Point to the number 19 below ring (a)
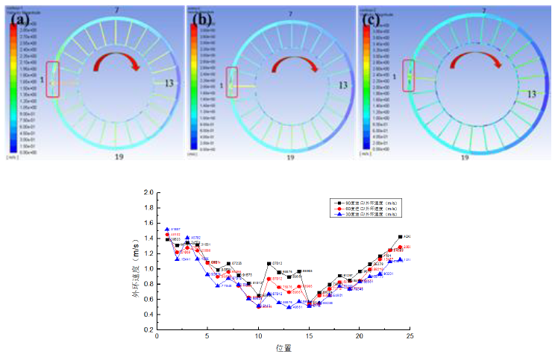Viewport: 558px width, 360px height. click(119, 157)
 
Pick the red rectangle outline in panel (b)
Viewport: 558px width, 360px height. click(231, 82)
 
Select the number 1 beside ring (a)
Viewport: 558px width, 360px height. click(43, 80)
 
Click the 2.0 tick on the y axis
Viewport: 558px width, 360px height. click(148, 193)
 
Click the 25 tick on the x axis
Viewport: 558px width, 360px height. click(410, 337)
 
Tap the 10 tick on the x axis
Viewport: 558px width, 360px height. click(258, 337)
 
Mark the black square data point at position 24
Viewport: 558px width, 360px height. click(400, 237)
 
